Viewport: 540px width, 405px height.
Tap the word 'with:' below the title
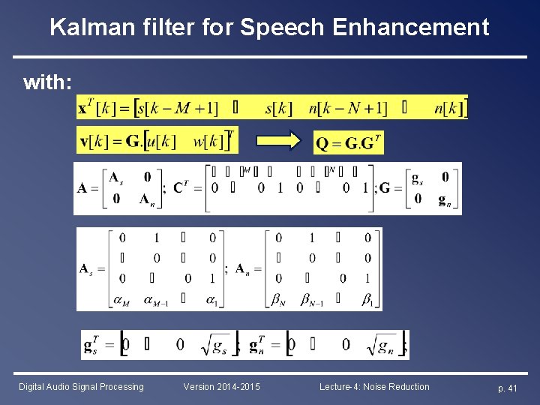tap(48, 82)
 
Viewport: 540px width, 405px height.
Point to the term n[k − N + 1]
tap(348, 108)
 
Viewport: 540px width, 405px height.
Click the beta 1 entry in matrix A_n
tap(367, 298)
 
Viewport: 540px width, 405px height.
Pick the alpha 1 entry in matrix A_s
tap(212, 298)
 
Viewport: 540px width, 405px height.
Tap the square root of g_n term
tap(384, 345)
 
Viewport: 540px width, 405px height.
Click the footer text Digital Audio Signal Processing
tap(81, 387)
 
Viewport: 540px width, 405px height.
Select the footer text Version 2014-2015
tap(222, 387)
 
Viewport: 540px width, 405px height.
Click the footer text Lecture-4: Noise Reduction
tap(374, 387)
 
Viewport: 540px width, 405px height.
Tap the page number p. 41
tap(508, 388)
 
